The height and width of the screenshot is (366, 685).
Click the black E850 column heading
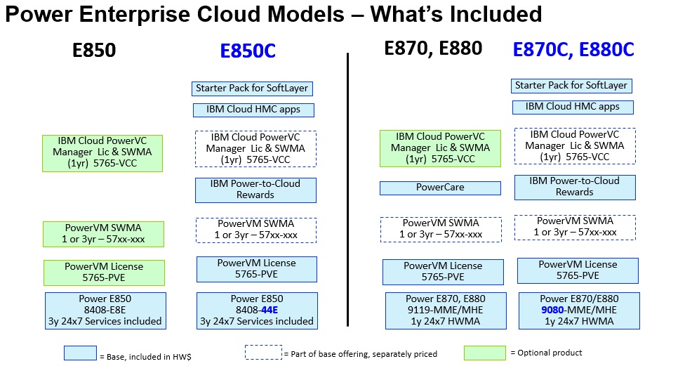[94, 51]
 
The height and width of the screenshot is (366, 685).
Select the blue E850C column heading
[248, 51]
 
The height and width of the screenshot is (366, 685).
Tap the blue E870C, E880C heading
[573, 49]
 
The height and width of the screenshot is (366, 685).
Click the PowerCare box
[440, 188]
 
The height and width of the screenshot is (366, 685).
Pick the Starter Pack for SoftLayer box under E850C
[252, 89]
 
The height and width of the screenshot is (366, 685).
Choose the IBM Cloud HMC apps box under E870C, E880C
[573, 107]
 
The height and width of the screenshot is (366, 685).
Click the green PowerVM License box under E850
[104, 273]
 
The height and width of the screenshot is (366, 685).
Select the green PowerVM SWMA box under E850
[104, 234]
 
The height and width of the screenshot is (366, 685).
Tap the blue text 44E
[270, 310]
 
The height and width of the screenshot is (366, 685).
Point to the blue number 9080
[552, 310]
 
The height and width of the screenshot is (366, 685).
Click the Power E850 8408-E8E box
[105, 311]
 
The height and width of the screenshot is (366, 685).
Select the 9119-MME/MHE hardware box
[446, 311]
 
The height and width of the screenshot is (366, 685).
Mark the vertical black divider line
[347, 190]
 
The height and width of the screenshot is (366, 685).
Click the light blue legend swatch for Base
[81, 353]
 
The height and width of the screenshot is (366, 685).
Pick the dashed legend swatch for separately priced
[263, 353]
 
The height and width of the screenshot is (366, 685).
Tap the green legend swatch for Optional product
[485, 353]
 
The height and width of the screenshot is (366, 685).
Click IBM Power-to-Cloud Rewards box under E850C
[255, 190]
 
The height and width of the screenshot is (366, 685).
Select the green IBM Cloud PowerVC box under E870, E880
[440, 148]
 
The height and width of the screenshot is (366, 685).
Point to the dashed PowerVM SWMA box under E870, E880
[441, 230]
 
